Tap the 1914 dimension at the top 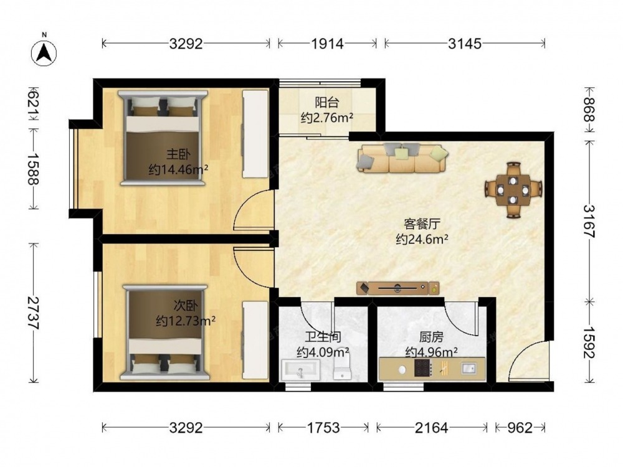pyautogui.click(x=327, y=44)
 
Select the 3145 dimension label pyautogui.click(x=465, y=44)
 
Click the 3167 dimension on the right pyautogui.click(x=589, y=221)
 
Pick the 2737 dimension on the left pyautogui.click(x=34, y=313)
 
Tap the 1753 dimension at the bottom pyautogui.click(x=323, y=428)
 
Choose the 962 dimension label pyautogui.click(x=520, y=428)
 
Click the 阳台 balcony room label pyautogui.click(x=327, y=103)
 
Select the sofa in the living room pyautogui.click(x=402, y=158)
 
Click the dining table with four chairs pyautogui.click(x=513, y=190)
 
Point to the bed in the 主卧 pyautogui.click(x=163, y=138)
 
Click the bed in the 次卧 pyautogui.click(x=164, y=332)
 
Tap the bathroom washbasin pyautogui.click(x=301, y=370)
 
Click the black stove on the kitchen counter pyautogui.click(x=423, y=368)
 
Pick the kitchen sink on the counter pyautogui.click(x=468, y=368)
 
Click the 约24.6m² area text pyautogui.click(x=422, y=239)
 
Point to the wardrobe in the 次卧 pyautogui.click(x=255, y=339)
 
